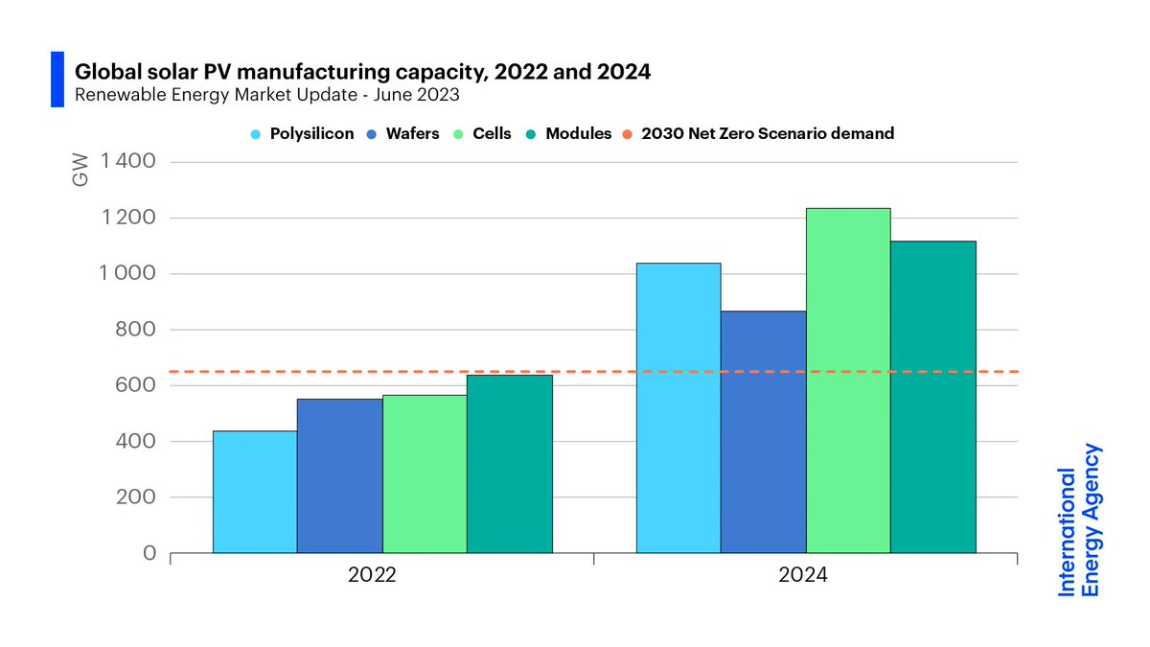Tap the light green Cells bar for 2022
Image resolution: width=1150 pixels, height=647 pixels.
click(x=425, y=474)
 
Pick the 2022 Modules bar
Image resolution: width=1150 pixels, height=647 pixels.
click(x=509, y=464)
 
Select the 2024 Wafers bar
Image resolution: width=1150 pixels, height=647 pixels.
click(x=763, y=431)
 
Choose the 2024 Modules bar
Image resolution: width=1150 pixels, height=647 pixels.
click(x=932, y=397)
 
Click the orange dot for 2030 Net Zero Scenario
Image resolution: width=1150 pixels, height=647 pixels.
click(x=631, y=134)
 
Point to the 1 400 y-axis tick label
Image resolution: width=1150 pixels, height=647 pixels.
click(x=127, y=162)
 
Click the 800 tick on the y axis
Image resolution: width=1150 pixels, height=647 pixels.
click(x=136, y=330)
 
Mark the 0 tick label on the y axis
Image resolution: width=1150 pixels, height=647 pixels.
click(x=149, y=553)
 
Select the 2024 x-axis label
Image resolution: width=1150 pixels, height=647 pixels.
click(x=805, y=577)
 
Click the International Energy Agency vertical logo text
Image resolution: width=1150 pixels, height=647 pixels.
click(x=1079, y=520)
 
